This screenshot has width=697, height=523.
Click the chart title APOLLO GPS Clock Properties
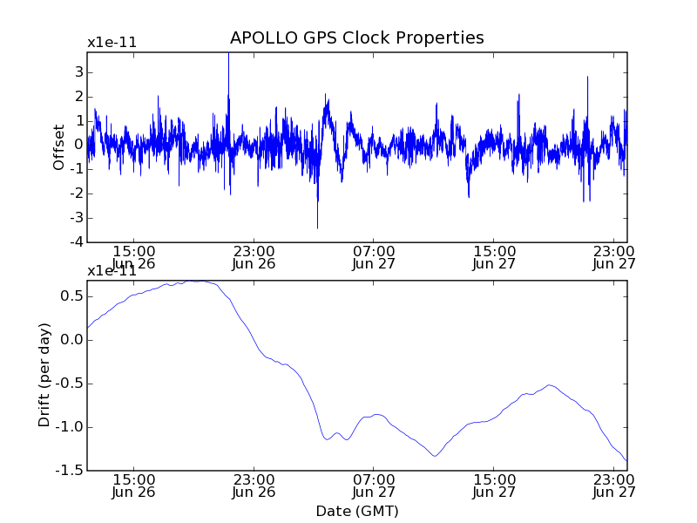[x=356, y=38]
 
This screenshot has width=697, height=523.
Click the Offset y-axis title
[x=59, y=147]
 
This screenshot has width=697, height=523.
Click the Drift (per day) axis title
[x=45, y=375]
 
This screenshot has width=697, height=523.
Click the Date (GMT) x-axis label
[x=356, y=511]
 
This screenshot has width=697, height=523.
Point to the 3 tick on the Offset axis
[x=78, y=71]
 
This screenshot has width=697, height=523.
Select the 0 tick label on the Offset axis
[x=78, y=145]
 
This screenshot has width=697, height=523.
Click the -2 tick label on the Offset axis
[x=76, y=194]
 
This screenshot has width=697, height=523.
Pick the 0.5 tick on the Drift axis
[x=71, y=296]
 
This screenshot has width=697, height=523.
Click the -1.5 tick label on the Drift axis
[x=69, y=471]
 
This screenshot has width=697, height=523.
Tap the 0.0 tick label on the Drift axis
[x=71, y=340]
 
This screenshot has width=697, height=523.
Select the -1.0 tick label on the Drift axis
[x=69, y=427]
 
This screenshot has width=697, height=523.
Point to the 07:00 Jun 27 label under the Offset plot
[x=374, y=258]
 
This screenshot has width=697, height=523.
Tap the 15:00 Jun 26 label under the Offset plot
[x=133, y=258]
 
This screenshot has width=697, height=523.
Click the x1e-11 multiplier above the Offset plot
[x=112, y=43]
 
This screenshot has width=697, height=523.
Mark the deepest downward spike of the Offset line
[x=317, y=228]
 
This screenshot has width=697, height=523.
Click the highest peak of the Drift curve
[x=199, y=281]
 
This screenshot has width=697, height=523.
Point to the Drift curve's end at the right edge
[x=626, y=460]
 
